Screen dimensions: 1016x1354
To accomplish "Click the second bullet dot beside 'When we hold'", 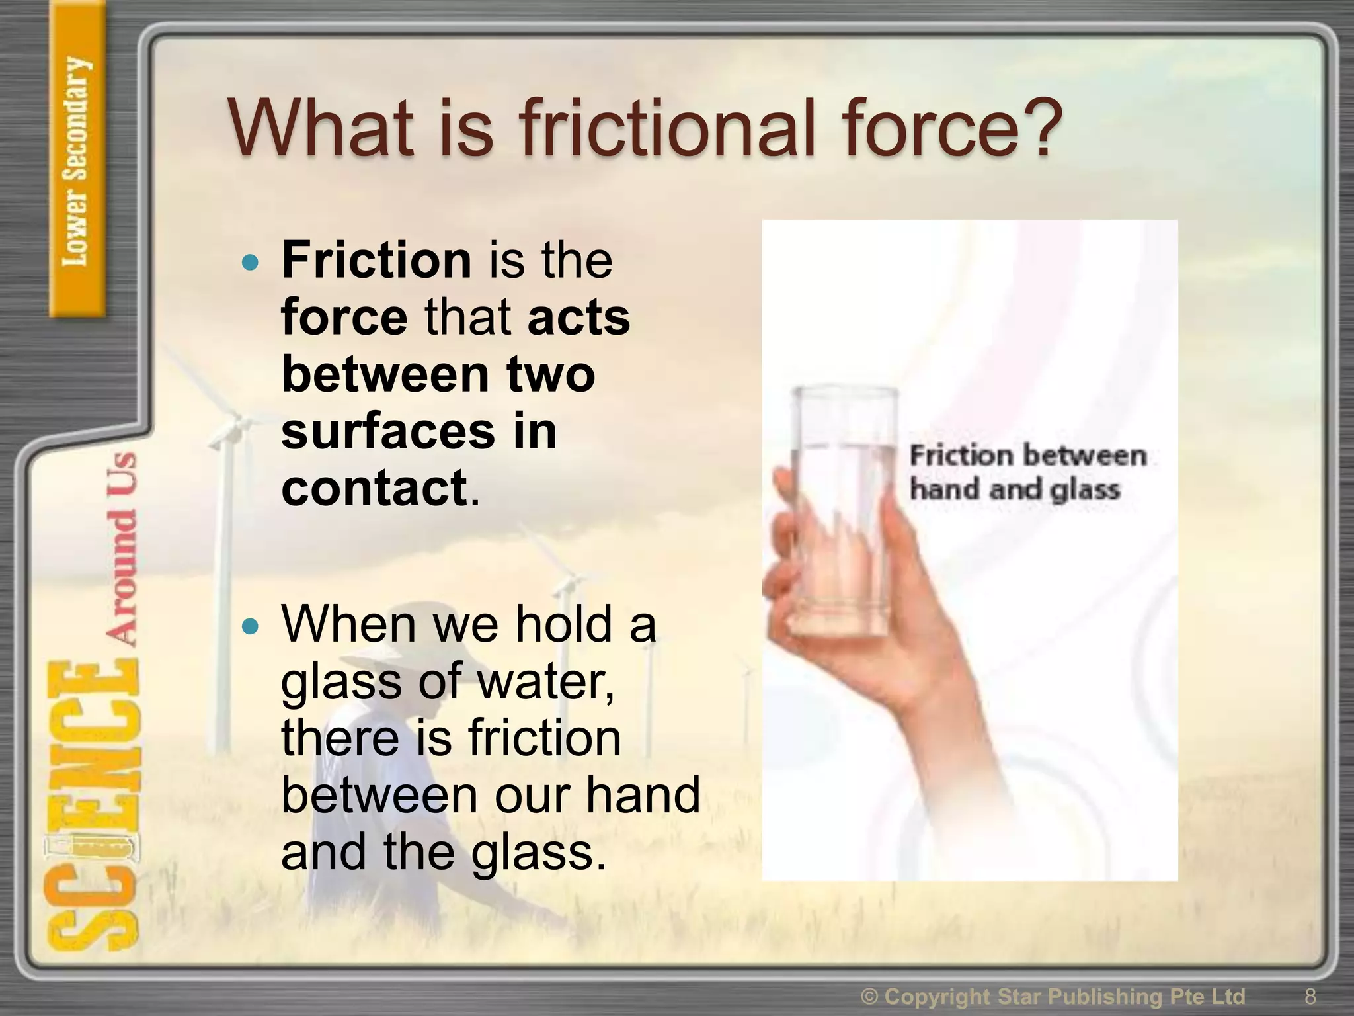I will click(x=250, y=626).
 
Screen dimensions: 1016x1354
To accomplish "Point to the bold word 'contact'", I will click(x=374, y=488).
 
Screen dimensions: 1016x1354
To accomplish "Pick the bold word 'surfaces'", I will click(x=387, y=431).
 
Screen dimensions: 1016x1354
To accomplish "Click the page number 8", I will click(x=1310, y=996).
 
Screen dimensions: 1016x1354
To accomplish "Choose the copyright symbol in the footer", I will click(x=870, y=996).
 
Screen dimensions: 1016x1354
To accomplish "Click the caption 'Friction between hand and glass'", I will click(x=1026, y=472).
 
